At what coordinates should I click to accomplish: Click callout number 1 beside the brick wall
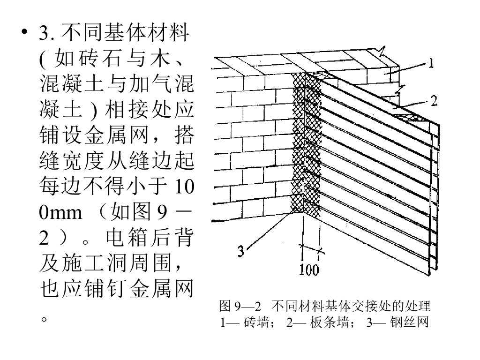click(x=430, y=63)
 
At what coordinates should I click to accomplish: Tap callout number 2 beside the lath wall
click(x=434, y=100)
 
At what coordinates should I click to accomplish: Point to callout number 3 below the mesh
click(x=240, y=252)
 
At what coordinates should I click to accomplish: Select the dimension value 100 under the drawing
click(x=308, y=270)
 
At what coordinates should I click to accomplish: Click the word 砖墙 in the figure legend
click(x=255, y=323)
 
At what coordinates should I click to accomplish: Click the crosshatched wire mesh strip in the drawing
click(x=298, y=141)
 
